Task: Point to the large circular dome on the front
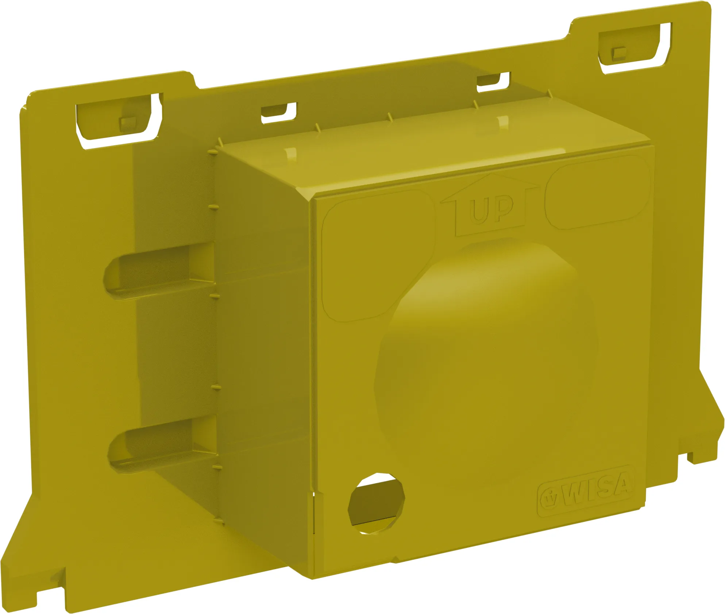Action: (485, 347)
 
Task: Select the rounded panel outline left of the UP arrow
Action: (378, 255)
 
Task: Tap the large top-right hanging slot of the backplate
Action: (635, 47)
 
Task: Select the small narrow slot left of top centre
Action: (278, 112)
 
